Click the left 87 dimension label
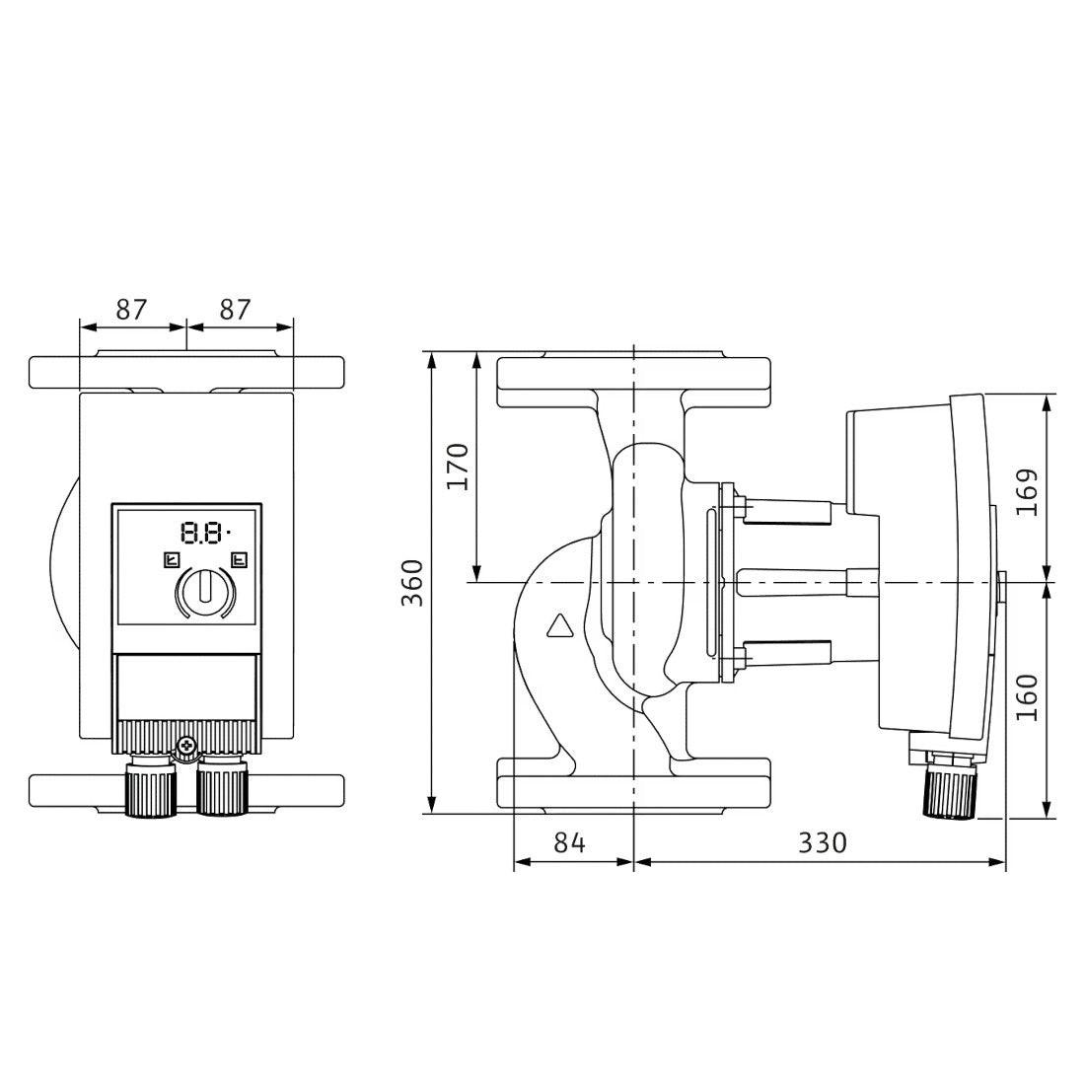tap(131, 310)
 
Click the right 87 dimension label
tap(235, 310)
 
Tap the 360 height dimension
tap(413, 583)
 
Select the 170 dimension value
tap(458, 467)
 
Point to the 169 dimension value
tap(1028, 492)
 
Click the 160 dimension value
tap(1028, 696)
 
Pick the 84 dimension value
tap(569, 842)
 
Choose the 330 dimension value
tap(823, 842)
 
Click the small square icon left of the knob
tap(172, 559)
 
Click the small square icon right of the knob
tap(240, 559)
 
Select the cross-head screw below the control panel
tap(186, 746)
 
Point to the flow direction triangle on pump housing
tap(560, 624)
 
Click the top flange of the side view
tap(633, 382)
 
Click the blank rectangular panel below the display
tap(186, 687)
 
